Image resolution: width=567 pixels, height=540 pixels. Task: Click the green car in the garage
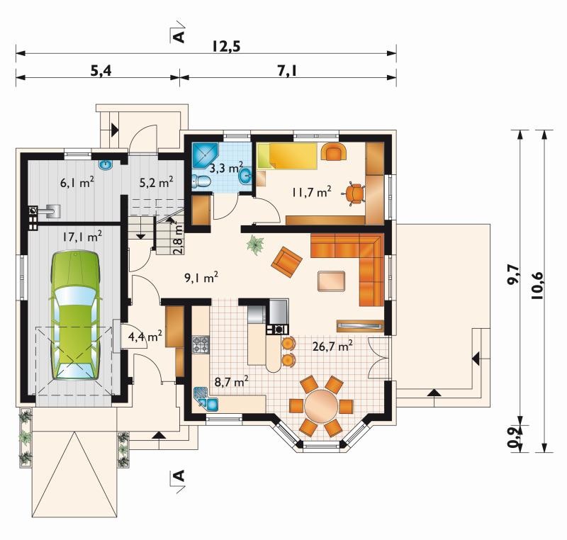75,315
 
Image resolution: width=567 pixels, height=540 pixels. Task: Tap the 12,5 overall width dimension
226,47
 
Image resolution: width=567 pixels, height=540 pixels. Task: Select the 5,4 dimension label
101,71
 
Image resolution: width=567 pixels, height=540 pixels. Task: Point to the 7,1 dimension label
288,71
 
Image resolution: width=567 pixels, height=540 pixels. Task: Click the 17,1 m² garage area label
82,237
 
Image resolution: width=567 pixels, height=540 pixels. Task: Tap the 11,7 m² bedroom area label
311,192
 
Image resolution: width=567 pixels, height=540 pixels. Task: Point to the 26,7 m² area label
332,347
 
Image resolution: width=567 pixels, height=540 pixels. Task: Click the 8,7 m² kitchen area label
231,382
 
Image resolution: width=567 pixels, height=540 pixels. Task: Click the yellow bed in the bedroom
287,156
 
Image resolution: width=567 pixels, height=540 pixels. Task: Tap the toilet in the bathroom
201,181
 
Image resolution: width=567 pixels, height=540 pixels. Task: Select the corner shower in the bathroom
205,155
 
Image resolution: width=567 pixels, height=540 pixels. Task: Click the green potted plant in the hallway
255,244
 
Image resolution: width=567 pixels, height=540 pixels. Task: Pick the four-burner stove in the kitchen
201,344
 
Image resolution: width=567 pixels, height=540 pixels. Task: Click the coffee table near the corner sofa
331,281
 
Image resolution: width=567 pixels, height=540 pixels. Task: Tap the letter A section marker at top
179,37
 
